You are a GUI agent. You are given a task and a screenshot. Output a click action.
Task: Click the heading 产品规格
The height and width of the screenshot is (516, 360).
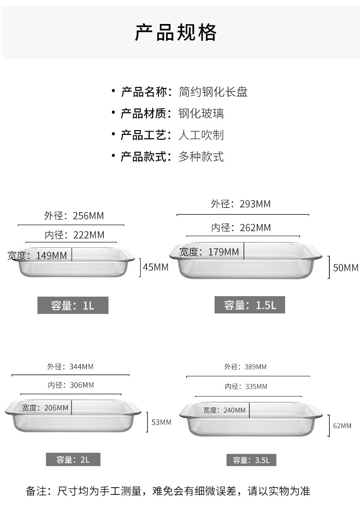176,32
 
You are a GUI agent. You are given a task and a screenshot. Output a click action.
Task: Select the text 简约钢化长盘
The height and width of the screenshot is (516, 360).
213,92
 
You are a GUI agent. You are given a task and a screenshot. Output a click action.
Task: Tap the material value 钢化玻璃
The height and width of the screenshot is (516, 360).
201,113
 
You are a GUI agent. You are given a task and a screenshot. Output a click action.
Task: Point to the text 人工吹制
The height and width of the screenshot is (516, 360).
201,135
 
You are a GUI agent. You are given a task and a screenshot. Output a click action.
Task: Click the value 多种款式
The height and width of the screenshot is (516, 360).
201,156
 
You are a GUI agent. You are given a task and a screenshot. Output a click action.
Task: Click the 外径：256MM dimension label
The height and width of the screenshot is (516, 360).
74,216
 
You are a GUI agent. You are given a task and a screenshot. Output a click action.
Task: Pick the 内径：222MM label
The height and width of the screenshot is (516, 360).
74,235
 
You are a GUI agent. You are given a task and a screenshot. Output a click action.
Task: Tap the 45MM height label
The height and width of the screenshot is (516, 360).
156,267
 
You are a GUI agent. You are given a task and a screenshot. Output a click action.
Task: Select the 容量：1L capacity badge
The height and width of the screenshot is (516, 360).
73,305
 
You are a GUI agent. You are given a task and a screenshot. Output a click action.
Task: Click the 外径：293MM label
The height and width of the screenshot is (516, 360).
240,204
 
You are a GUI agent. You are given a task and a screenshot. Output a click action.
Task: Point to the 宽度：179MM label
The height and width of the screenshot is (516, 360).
209,252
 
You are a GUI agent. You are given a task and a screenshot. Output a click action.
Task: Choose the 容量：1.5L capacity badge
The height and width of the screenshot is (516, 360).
250,305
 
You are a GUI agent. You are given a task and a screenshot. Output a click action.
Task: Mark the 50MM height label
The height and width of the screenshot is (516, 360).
346,268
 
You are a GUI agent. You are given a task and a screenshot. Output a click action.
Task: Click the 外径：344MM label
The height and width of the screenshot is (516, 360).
70,367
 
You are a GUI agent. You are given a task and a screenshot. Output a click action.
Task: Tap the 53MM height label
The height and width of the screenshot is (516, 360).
161,422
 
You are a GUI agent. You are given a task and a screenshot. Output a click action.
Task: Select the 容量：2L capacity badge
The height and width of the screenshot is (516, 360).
73,459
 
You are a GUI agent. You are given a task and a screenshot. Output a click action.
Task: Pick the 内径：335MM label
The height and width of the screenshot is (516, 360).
246,386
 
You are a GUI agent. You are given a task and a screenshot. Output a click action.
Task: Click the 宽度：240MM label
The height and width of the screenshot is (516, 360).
224,410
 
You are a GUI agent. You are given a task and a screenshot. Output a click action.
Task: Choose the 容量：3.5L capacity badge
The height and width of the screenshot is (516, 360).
251,460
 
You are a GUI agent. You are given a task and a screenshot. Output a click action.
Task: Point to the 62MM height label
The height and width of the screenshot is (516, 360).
342,426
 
